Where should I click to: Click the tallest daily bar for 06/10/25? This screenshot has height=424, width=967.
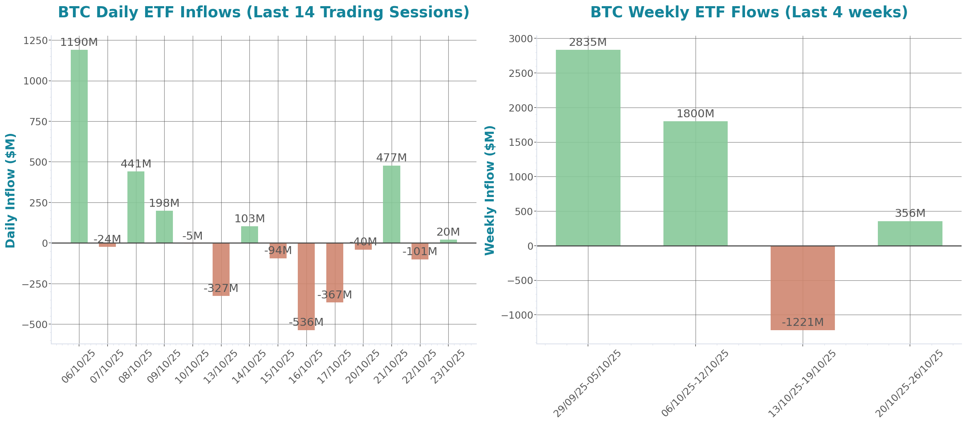pyautogui.click(x=79, y=147)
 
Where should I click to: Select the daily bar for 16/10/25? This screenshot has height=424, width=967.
pyautogui.click(x=306, y=287)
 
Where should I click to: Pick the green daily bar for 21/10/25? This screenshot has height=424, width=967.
pyautogui.click(x=392, y=204)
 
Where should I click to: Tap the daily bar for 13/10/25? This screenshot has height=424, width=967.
pyautogui.click(x=221, y=270)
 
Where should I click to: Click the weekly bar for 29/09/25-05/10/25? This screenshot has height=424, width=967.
pyautogui.click(x=588, y=148)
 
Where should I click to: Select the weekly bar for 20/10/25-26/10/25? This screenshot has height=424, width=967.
pyautogui.click(x=910, y=233)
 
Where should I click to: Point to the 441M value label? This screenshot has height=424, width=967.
pyautogui.click(x=136, y=164)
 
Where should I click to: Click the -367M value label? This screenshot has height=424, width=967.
pyautogui.click(x=335, y=295)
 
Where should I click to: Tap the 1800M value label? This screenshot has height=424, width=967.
pyautogui.click(x=695, y=114)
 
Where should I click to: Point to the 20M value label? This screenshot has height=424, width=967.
pyautogui.click(x=448, y=232)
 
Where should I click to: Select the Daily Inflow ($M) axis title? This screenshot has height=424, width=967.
pyautogui.click(x=10, y=190)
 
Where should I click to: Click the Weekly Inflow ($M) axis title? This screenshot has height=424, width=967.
pyautogui.click(x=490, y=190)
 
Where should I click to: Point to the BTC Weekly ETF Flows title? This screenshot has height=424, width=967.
pyautogui.click(x=749, y=12)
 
